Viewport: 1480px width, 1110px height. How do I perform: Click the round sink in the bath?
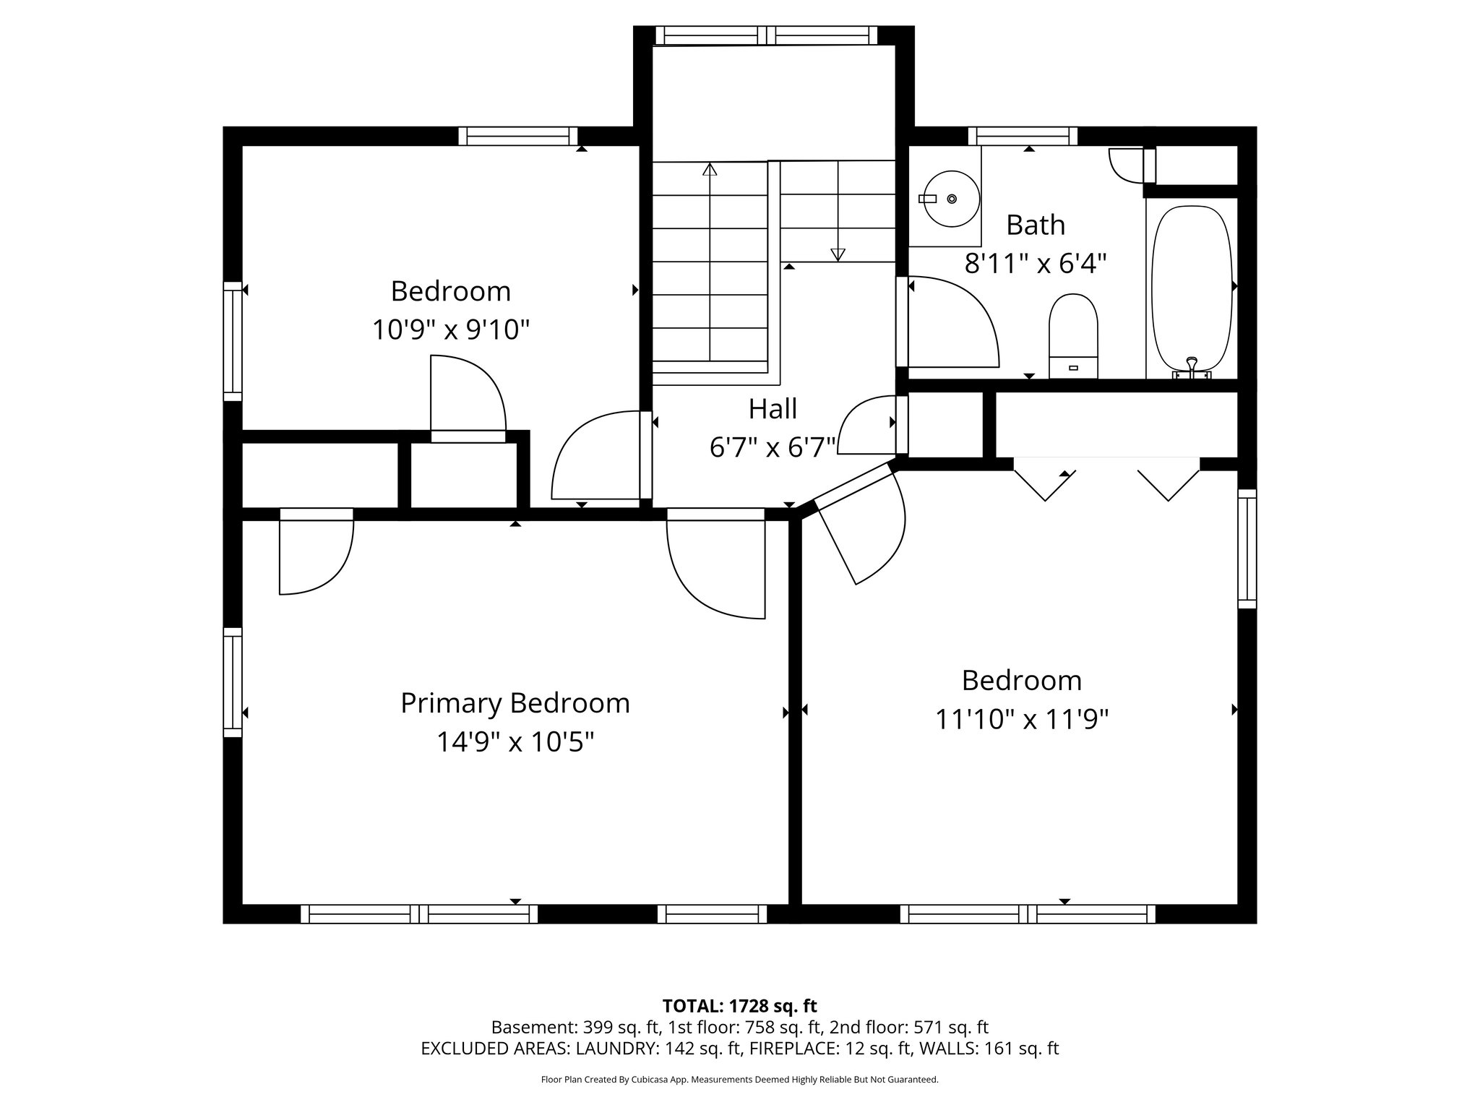pos(951,199)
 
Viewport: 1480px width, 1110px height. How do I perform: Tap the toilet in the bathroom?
pos(1073,336)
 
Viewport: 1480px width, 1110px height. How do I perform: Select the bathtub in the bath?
pos(1191,289)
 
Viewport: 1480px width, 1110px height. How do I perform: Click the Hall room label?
pos(773,409)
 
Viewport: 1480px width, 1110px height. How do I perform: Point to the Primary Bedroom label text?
pos(515,703)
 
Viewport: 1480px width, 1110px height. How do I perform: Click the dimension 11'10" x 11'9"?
pos(1022,720)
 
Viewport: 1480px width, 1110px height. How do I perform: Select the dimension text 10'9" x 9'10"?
pos(451,330)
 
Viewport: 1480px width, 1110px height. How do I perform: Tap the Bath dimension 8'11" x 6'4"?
pos(1036,264)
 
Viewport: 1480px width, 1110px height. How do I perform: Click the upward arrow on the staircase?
pos(710,171)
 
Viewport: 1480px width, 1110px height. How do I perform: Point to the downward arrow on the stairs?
pos(838,254)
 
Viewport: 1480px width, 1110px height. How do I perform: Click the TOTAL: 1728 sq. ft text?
pos(739,1005)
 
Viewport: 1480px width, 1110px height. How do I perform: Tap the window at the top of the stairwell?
pos(766,35)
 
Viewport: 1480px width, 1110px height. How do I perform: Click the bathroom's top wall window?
pos(1022,136)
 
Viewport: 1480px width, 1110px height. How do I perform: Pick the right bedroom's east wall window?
pos(1247,549)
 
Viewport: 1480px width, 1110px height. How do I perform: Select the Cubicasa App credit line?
pos(739,1080)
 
